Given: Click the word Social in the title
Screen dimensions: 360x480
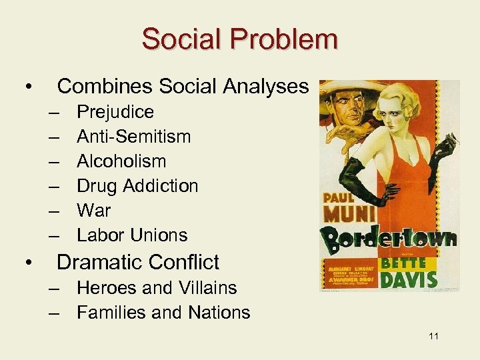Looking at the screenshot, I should (177, 39).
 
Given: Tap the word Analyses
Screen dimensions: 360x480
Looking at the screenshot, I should (266, 86).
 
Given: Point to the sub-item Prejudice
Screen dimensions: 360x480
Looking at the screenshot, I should (115, 112).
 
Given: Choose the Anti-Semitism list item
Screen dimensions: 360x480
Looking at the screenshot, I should (133, 137).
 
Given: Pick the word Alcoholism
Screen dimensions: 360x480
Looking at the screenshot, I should (121, 161).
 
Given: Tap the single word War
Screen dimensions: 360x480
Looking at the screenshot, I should (93, 211).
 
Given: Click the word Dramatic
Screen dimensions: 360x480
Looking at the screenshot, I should (99, 262).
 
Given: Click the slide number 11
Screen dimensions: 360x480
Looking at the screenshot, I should (433, 336).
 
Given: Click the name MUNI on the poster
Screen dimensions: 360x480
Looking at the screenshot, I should (345, 215).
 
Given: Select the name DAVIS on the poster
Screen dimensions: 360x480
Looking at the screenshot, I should (407, 279).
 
